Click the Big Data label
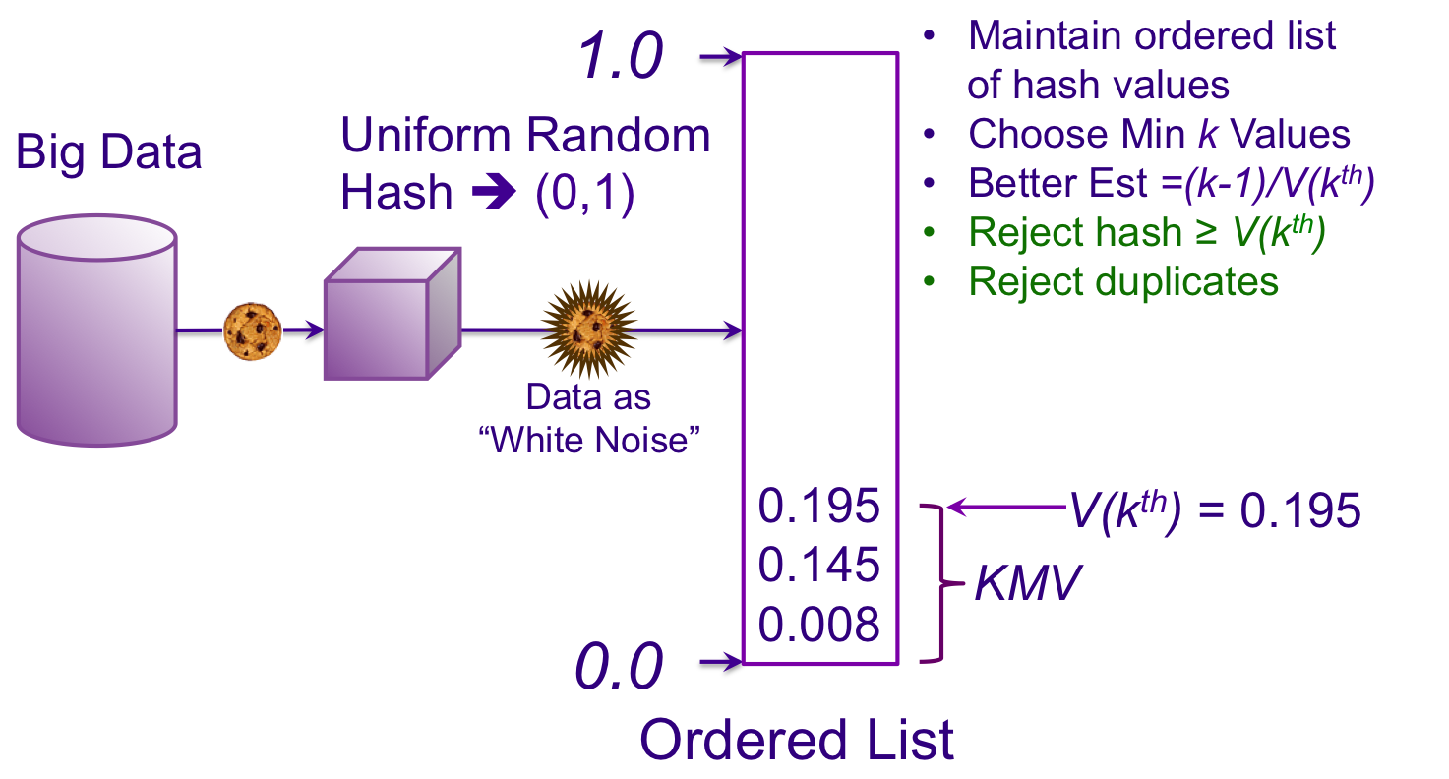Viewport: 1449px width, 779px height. pos(109,153)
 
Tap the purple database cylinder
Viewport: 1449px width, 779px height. pos(96,330)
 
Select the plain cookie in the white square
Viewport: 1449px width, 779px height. pos(252,331)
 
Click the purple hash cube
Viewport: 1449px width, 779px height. pos(392,315)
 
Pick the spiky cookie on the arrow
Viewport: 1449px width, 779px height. pos(589,329)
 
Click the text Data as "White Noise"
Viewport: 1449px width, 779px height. pos(588,418)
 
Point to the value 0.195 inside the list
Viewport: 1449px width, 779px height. pos(818,506)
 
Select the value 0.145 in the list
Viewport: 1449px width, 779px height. pos(818,565)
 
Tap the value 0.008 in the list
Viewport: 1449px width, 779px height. pos(818,625)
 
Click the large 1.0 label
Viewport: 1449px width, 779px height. pos(620,58)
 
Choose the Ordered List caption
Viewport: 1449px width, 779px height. pos(797,740)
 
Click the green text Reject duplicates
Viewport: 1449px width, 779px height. pos(1123,281)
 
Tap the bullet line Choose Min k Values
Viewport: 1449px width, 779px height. pos(1159,134)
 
